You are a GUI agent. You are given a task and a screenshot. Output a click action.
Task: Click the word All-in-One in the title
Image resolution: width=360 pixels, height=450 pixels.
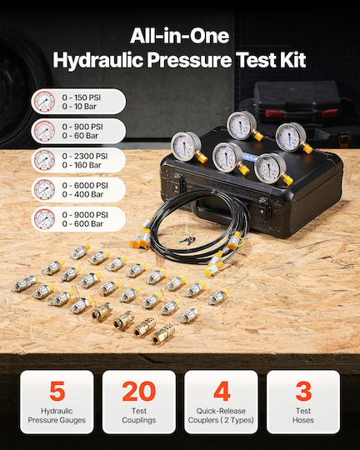[180, 36]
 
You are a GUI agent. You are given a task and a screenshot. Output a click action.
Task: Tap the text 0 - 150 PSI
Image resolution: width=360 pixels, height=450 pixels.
[82, 97]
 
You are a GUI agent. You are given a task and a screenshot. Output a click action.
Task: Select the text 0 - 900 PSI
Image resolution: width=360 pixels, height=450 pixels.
[82, 127]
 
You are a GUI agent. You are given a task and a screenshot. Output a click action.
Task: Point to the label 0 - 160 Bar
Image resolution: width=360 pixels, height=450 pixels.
[82, 165]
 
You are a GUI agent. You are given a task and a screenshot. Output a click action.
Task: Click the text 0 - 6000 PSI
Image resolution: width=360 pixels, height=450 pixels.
[85, 185]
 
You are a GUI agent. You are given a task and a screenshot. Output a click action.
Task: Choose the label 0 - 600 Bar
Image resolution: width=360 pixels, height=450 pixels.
[82, 223]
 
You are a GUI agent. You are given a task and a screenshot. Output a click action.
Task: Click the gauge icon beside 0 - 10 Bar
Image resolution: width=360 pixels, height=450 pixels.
[44, 102]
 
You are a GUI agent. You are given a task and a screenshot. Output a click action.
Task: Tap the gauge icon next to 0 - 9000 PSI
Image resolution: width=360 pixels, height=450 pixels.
[44, 219]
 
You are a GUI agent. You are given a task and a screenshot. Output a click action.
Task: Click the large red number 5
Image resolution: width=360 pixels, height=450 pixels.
[57, 391]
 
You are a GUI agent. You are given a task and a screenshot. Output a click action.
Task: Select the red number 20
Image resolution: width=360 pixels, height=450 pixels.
[139, 391]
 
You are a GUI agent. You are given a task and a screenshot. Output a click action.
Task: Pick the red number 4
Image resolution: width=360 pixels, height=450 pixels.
[222, 391]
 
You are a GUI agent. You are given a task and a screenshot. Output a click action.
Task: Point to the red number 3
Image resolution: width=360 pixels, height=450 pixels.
[303, 391]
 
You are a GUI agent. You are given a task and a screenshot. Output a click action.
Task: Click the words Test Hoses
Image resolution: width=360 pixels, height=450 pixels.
[303, 416]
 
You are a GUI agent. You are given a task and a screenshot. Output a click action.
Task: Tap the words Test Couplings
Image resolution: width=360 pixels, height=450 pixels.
[139, 416]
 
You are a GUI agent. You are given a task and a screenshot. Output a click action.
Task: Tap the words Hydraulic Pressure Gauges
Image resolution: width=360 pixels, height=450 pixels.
[57, 416]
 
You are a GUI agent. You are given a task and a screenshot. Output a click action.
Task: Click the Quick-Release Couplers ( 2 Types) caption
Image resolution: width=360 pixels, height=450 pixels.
[221, 416]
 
